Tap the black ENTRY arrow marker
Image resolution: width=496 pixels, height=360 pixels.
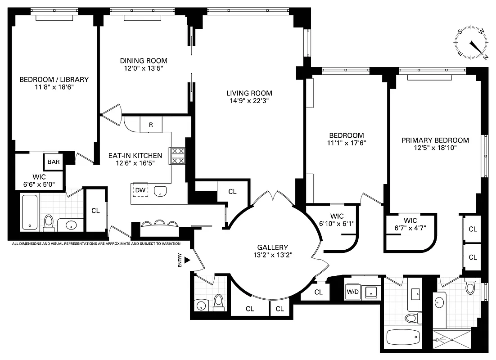187,261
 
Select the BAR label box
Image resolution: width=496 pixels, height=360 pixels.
54,162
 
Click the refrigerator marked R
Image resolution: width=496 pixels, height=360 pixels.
151,125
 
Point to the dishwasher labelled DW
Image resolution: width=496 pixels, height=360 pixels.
140,190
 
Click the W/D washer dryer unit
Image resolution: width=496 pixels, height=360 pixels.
352,292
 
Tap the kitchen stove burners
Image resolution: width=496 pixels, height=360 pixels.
177,156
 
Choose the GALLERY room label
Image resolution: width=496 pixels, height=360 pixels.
272,247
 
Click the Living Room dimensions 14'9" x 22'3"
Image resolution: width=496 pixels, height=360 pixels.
249,101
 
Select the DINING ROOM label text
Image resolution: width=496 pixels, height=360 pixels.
143,61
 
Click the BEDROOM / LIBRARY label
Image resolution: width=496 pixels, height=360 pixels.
54,79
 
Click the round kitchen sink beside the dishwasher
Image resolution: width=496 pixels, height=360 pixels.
159,191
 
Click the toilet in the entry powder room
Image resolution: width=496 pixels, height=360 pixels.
219,302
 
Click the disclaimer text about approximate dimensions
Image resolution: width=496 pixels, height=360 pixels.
96,243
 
